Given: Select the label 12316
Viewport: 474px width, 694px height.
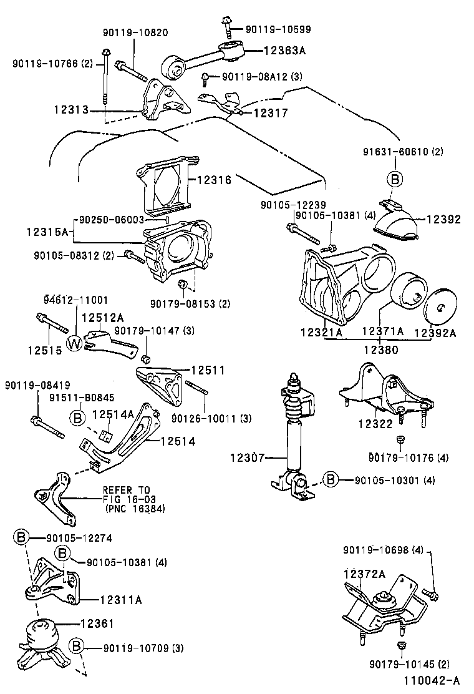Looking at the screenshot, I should (x=214, y=180).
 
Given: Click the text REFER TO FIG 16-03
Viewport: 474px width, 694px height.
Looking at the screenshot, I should (x=128, y=494).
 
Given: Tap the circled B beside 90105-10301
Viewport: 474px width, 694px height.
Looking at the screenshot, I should (x=331, y=480).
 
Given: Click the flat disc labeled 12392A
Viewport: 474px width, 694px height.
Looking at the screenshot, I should (x=440, y=308).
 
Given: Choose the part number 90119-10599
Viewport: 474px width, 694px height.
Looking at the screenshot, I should (x=278, y=29).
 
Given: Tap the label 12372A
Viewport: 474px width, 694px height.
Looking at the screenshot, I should (x=363, y=573).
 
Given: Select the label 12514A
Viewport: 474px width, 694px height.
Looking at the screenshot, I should (x=113, y=414).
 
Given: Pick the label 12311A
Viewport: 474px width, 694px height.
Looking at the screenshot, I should (x=120, y=600).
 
